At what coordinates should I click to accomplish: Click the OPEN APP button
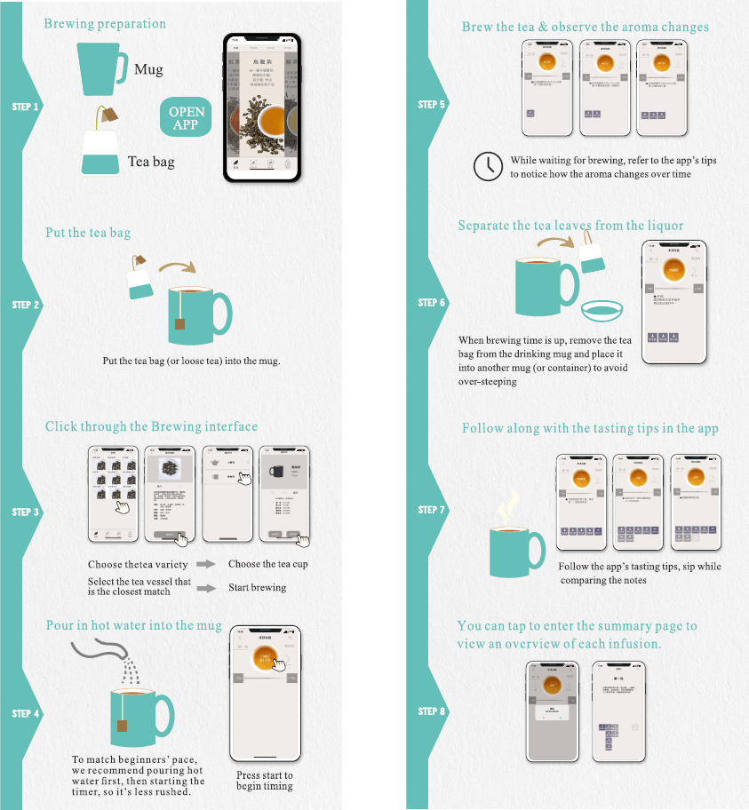pos(186,118)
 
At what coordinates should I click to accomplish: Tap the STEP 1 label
pos(26,107)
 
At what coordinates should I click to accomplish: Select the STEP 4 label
pos(26,714)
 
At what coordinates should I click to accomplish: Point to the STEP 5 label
pos(432,105)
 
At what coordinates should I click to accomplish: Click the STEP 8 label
pos(432,711)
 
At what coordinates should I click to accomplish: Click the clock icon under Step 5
pos(488,166)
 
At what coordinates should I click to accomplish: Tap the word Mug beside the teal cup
pos(148,69)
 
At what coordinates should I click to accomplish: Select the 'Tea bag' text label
pos(151,162)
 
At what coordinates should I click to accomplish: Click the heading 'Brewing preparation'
pos(105,23)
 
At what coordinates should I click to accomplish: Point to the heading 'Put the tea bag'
pos(88,233)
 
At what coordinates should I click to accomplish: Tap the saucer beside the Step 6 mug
pos(602,311)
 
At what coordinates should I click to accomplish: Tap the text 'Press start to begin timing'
pos(265,781)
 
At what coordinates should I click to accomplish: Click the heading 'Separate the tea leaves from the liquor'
pos(570,226)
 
